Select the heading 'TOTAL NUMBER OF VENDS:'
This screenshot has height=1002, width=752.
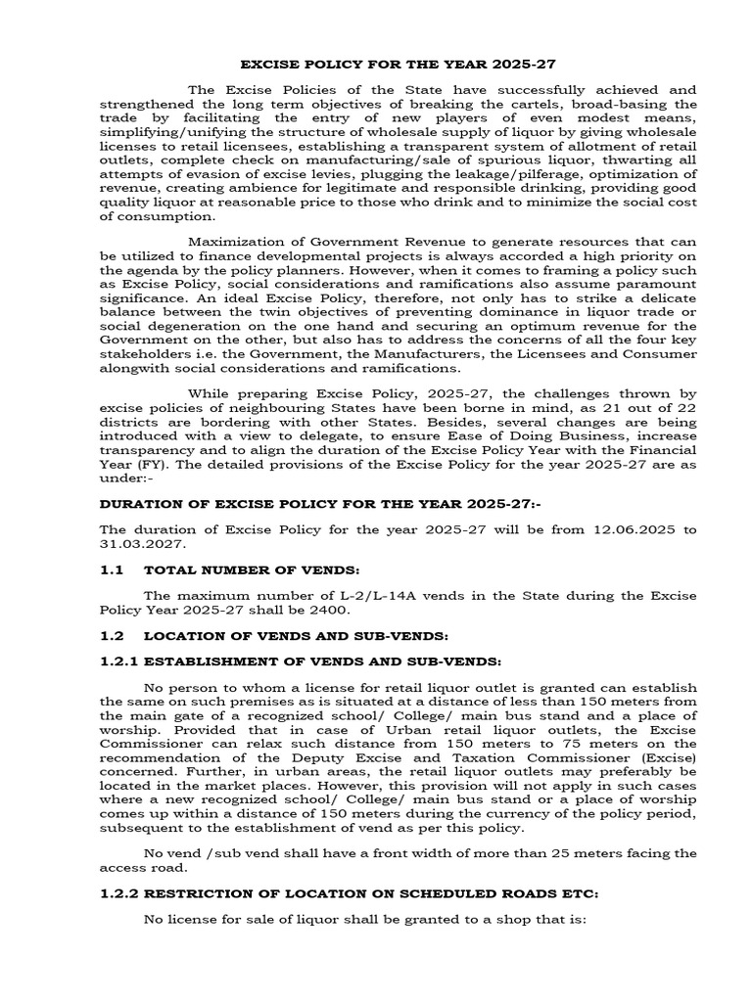[238, 569]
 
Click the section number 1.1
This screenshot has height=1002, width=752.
[113, 569]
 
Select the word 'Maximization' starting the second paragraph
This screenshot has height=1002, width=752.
[235, 240]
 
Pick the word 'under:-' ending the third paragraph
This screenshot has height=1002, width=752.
[126, 480]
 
